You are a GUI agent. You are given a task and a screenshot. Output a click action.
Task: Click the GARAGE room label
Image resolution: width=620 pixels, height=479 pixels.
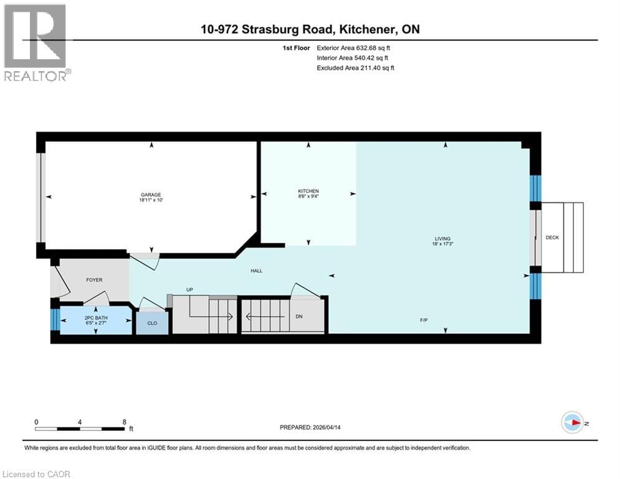(x=150, y=195)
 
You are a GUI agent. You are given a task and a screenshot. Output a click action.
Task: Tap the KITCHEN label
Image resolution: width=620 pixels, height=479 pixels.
(x=308, y=191)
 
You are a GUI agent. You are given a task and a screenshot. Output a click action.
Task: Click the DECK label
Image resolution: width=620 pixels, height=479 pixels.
(x=552, y=238)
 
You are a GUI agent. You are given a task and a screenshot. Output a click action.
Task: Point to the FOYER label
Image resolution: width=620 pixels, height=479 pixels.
(x=94, y=280)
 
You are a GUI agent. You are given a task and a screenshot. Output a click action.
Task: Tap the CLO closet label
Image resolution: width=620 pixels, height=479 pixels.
(x=152, y=324)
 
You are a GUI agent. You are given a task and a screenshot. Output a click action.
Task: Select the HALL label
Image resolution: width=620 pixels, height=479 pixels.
(x=257, y=271)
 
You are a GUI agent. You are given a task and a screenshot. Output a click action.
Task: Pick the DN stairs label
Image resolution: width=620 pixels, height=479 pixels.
(x=298, y=316)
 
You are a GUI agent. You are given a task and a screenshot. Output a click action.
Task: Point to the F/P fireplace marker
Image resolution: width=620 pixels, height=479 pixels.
(x=423, y=320)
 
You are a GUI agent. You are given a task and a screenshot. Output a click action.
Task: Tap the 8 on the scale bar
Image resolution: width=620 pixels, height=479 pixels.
(x=125, y=422)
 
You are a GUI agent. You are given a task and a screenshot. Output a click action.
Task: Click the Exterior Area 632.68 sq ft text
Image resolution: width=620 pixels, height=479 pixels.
(x=354, y=47)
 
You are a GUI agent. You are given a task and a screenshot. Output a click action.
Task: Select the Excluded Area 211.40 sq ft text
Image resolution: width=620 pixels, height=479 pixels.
(x=355, y=67)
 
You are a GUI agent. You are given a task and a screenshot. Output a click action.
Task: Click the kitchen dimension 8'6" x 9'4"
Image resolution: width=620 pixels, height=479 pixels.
(x=308, y=197)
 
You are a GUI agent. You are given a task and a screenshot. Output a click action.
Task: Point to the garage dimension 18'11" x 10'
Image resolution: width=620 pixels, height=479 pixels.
(x=150, y=201)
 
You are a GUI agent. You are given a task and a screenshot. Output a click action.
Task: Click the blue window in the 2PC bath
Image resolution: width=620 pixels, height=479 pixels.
(x=55, y=319)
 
